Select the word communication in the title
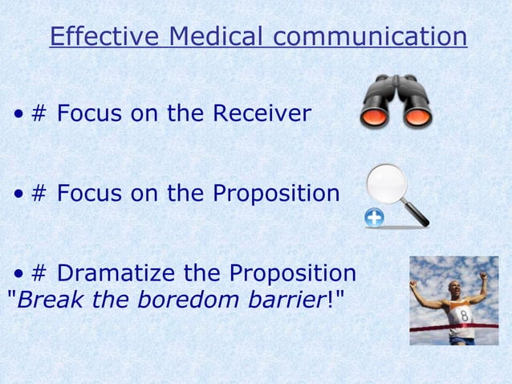click(x=369, y=37)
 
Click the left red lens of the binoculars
click(x=375, y=118)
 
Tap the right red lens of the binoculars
click(x=417, y=118)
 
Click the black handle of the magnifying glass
click(x=418, y=214)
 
